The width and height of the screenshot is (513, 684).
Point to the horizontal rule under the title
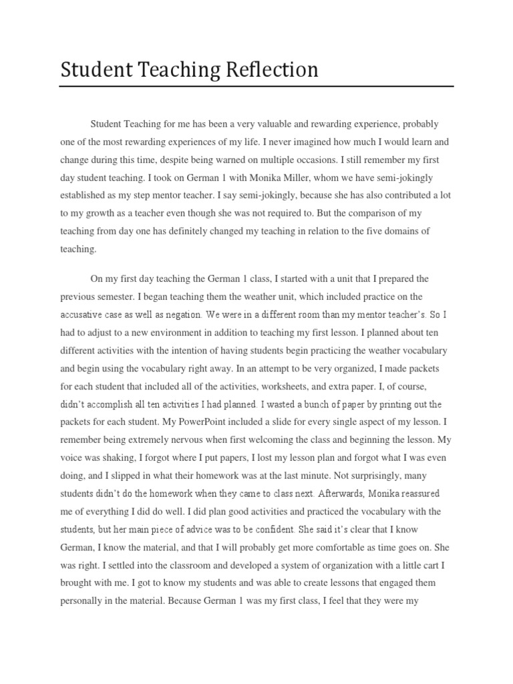click(256, 86)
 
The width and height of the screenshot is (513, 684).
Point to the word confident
click(273, 530)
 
